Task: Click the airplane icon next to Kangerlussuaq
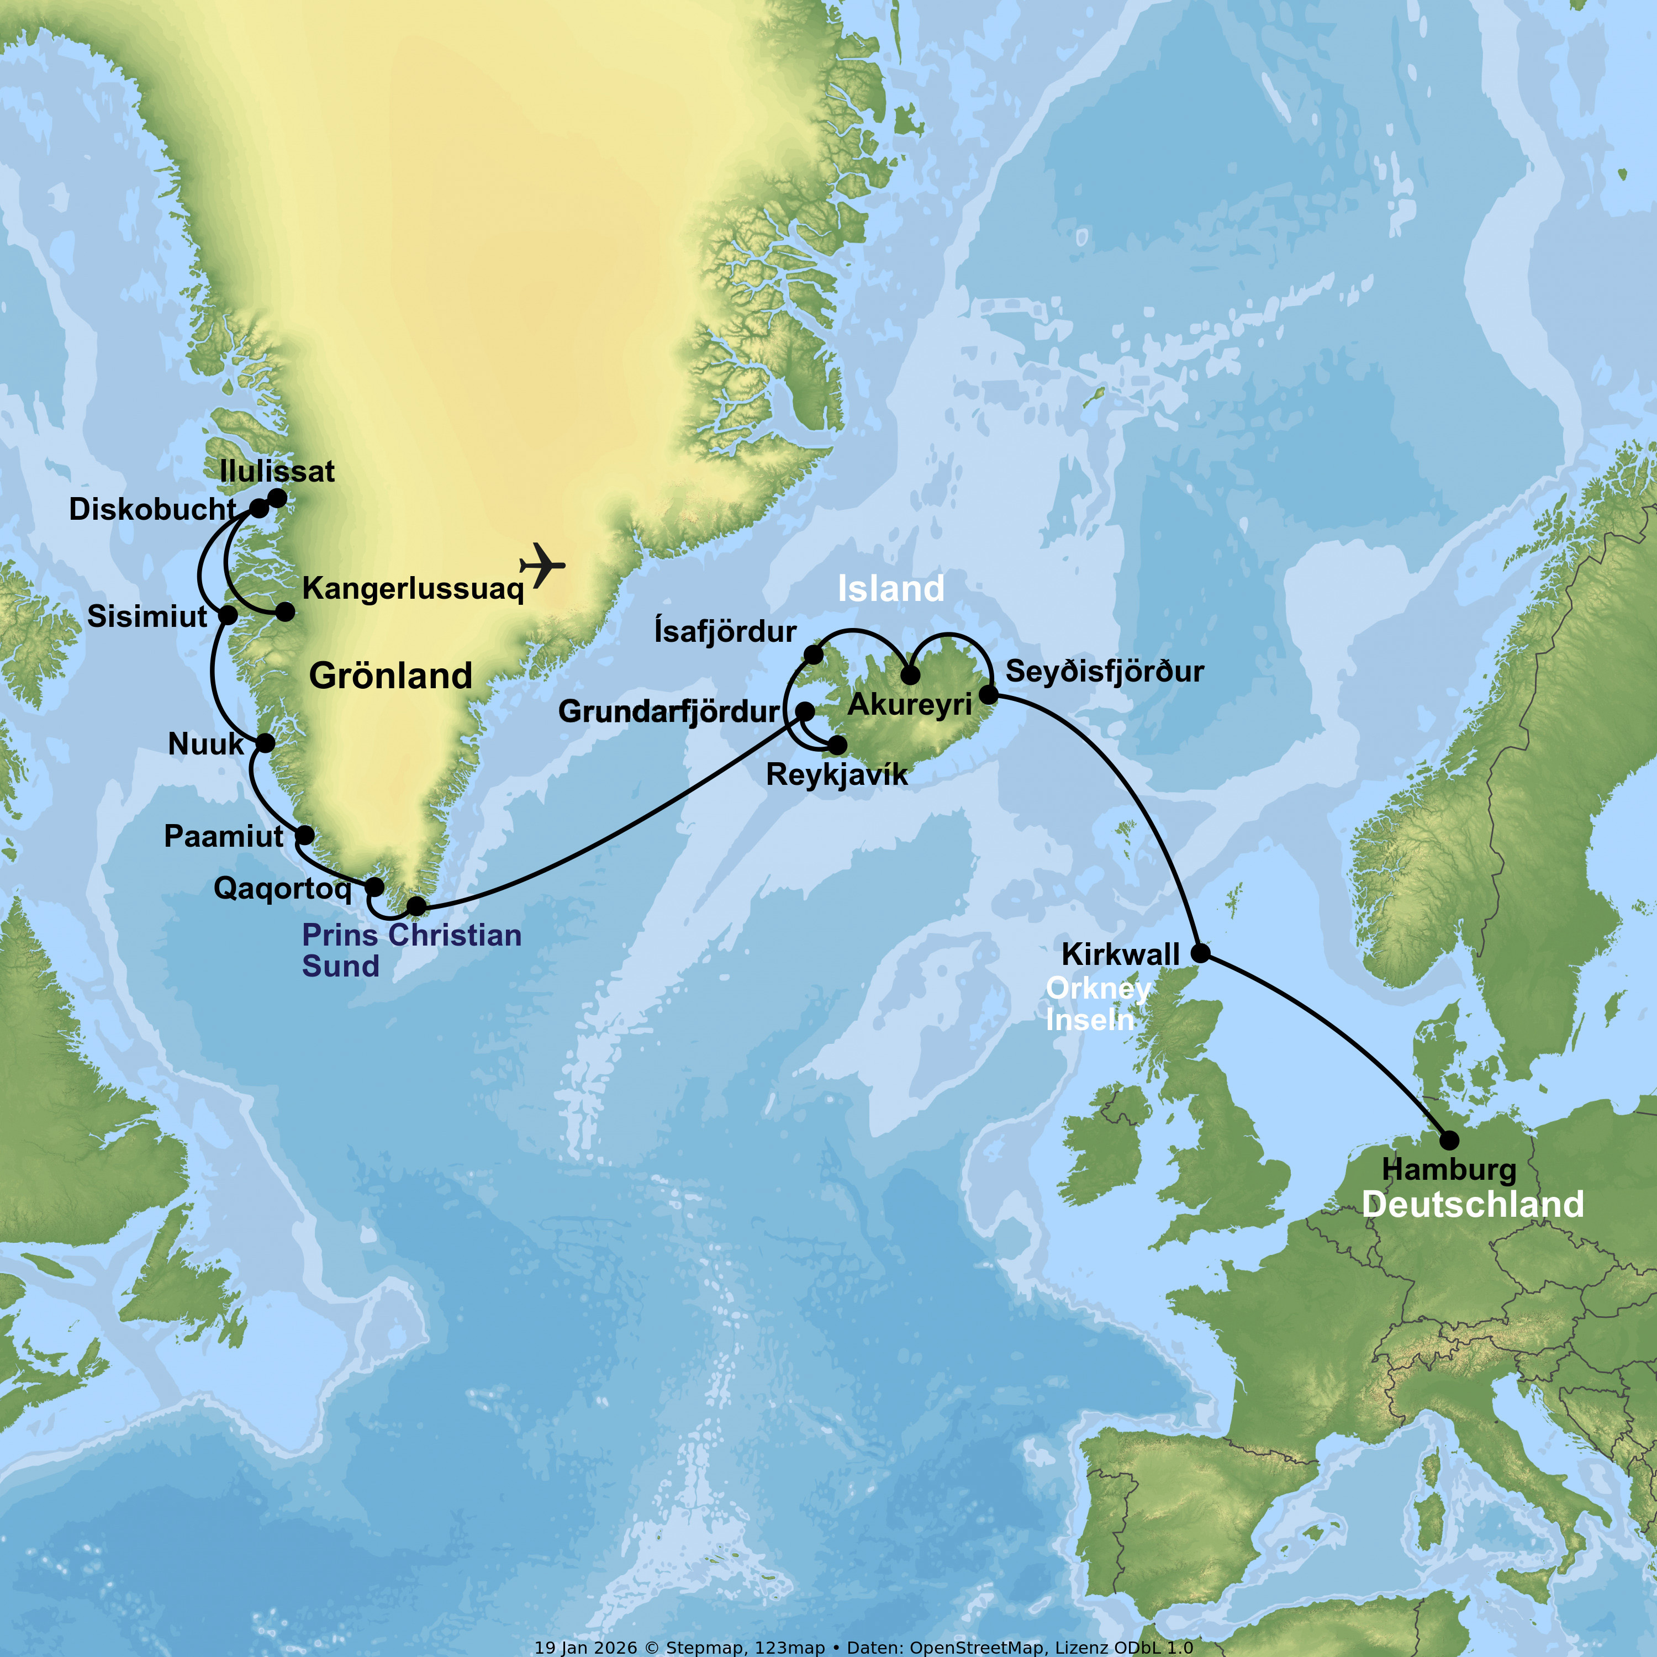(x=542, y=565)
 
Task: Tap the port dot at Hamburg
(x=1449, y=1140)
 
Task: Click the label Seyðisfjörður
(x=1105, y=672)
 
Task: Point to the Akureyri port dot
(x=910, y=675)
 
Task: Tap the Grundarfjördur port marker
(x=805, y=711)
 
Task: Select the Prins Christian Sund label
(x=411, y=950)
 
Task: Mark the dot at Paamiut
(x=304, y=835)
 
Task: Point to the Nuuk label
(x=206, y=743)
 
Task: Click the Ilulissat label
(x=277, y=472)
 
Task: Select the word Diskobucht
(x=152, y=509)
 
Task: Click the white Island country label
(x=890, y=588)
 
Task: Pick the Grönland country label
(x=390, y=676)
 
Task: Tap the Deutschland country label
(x=1473, y=1205)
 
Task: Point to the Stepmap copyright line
(x=863, y=1648)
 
